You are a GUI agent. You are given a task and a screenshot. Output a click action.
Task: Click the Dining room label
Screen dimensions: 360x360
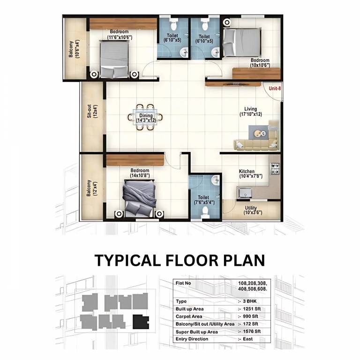click(x=146, y=115)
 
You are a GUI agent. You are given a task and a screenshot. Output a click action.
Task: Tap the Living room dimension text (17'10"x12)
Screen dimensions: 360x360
click(x=251, y=114)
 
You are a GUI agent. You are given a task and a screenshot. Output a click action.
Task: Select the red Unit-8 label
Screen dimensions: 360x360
click(x=275, y=88)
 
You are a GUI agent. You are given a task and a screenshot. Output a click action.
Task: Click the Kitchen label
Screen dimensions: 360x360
click(x=247, y=171)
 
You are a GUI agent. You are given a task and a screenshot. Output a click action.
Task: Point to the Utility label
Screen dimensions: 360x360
click(x=251, y=208)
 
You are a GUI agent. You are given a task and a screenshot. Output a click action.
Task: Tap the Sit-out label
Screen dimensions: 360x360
click(x=90, y=112)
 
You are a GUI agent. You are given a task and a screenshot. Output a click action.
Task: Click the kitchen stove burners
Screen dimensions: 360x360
click(x=275, y=169)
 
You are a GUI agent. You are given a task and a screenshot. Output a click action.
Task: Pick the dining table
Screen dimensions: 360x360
click(x=145, y=117)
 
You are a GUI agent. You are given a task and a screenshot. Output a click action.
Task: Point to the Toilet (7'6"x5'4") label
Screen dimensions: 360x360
click(x=204, y=200)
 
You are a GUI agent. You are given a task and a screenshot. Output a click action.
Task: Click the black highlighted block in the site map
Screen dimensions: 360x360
click(x=140, y=322)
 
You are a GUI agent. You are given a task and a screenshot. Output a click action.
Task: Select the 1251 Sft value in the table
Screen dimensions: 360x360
click(x=252, y=309)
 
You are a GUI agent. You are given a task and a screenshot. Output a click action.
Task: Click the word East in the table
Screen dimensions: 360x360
click(x=247, y=339)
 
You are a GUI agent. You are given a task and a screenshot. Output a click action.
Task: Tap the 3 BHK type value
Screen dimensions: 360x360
click(x=249, y=301)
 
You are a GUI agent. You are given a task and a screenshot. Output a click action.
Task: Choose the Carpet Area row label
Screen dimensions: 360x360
click(x=189, y=316)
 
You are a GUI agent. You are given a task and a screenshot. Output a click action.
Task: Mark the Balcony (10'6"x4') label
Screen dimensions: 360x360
click(x=74, y=49)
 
